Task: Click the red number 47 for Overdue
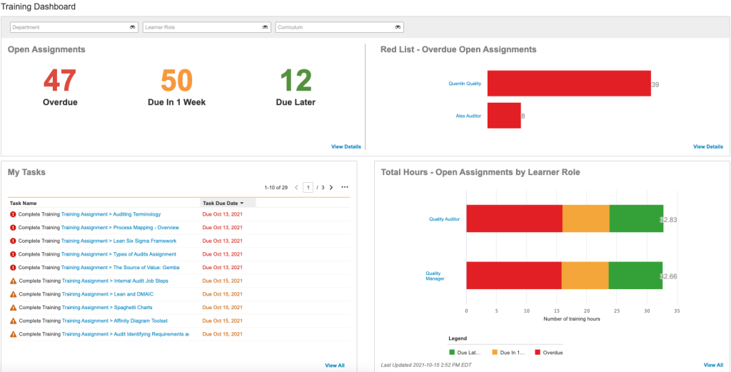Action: pos(60,80)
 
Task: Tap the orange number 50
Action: pos(176,80)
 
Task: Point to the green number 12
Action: pos(296,80)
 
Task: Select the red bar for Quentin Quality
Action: pos(569,84)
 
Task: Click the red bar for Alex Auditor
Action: pos(504,116)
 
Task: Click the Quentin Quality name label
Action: pos(465,84)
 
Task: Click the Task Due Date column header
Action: pos(224,203)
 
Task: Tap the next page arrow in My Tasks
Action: pos(331,188)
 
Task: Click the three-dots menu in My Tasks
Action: pos(345,188)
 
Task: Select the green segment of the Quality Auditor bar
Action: pos(636,218)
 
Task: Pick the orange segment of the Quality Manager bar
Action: pos(585,276)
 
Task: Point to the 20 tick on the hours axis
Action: pos(587,311)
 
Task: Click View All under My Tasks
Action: pos(335,366)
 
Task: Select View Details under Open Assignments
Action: pos(346,147)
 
